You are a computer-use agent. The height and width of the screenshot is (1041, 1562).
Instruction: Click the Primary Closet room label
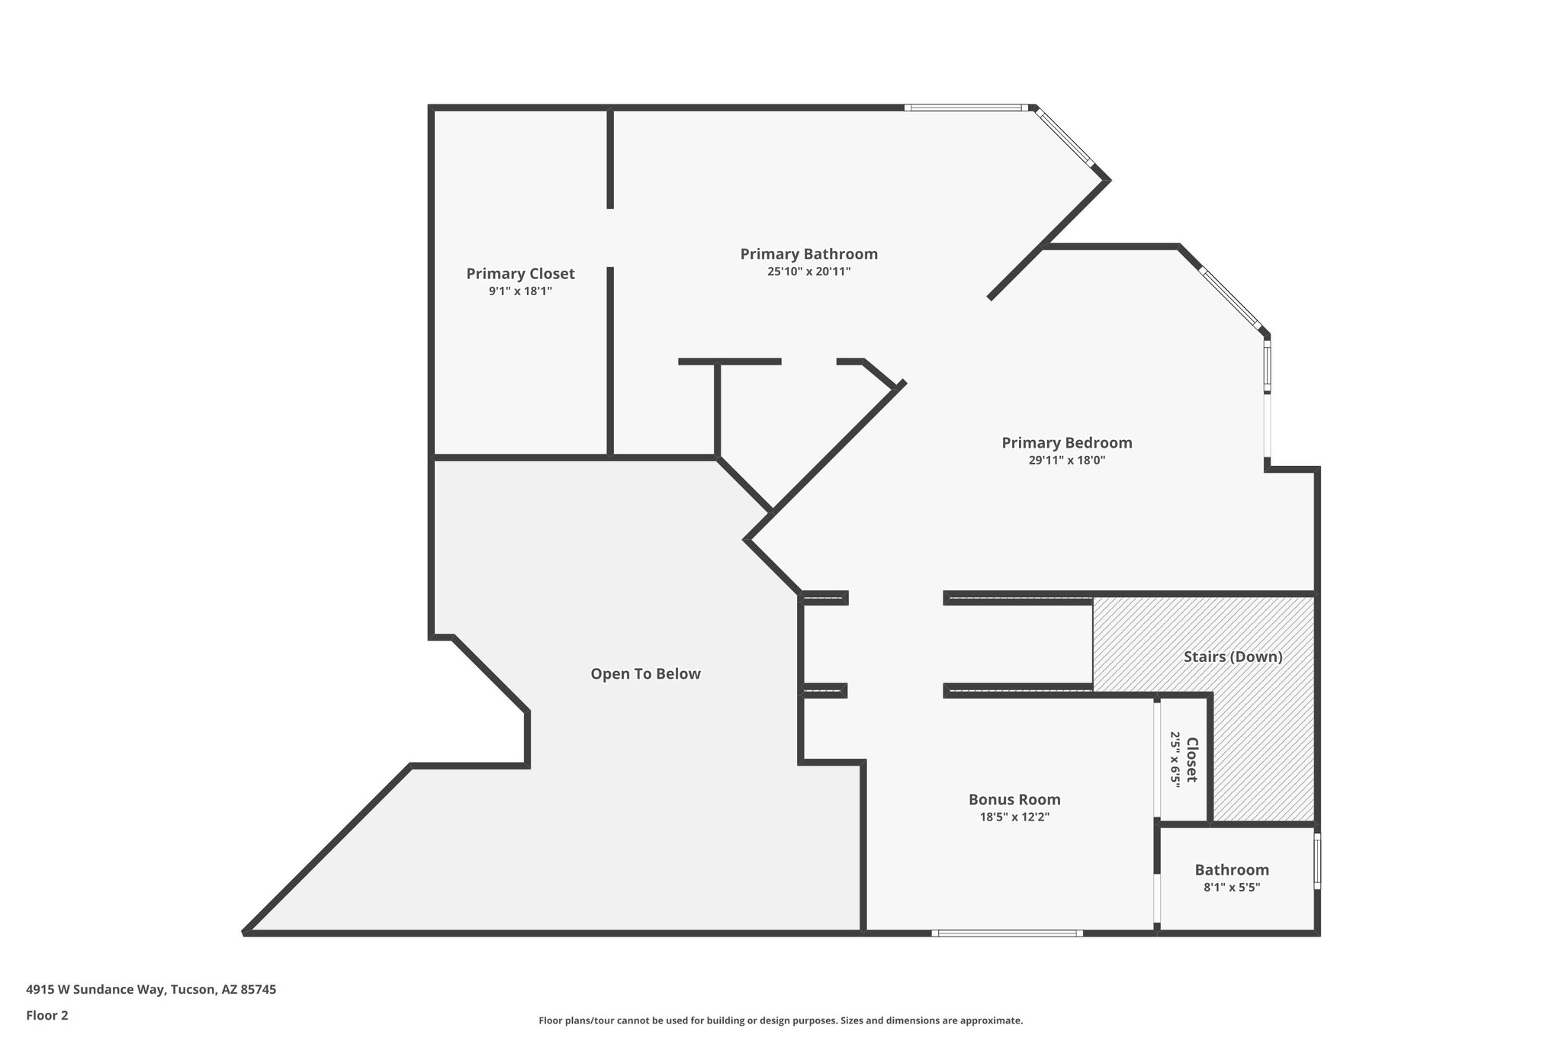[520, 274]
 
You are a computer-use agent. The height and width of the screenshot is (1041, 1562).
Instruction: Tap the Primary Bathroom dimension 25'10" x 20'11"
[808, 271]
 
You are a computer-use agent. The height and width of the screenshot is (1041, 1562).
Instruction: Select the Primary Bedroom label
[1066, 442]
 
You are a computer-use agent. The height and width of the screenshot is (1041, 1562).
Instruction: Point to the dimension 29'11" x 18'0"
[1066, 461]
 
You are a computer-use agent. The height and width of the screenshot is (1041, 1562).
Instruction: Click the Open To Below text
[645, 674]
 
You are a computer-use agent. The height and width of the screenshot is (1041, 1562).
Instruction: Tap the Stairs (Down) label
[1233, 657]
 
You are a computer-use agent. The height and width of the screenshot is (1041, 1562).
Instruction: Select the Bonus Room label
[1014, 799]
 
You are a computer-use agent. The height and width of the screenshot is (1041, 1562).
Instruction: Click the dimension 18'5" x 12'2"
[1014, 818]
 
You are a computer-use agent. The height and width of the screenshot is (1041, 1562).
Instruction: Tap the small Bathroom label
[1232, 869]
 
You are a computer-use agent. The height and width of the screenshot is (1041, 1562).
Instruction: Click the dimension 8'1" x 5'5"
[1232, 888]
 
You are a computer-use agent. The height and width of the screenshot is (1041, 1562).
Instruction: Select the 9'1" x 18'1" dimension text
[520, 291]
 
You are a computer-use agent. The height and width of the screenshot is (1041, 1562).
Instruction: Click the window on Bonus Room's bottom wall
[1007, 933]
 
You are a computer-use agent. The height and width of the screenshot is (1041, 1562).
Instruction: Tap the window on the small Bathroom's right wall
[1317, 861]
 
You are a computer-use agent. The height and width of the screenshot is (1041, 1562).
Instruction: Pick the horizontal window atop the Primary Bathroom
[966, 108]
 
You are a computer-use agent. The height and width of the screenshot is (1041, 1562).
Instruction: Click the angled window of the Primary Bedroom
[1230, 298]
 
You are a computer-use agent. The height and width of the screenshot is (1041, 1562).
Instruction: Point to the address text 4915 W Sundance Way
[151, 990]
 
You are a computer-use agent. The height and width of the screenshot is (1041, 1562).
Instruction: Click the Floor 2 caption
[47, 1015]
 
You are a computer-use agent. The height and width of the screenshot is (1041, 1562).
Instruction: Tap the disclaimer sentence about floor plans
[780, 1020]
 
